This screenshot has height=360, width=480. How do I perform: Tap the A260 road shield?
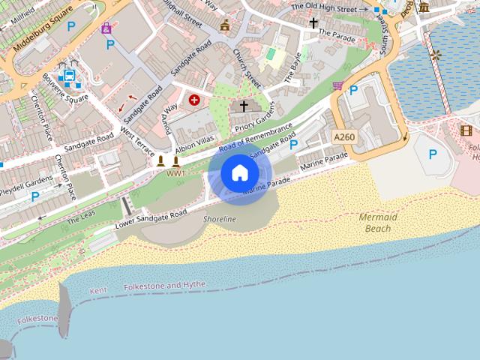(344, 136)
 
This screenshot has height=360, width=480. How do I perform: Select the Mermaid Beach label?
(377, 222)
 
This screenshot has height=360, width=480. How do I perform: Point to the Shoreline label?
(220, 219)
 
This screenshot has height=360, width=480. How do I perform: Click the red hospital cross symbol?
(195, 100)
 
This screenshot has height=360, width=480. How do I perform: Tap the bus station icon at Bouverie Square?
(68, 76)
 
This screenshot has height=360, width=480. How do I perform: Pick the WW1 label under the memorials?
(175, 173)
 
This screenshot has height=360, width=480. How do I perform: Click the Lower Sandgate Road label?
(151, 220)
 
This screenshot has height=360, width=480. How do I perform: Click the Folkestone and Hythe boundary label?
(164, 286)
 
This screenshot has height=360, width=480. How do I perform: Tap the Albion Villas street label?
(195, 141)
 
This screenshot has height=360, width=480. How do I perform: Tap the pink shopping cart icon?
(338, 85)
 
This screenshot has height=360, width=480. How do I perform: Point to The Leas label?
(82, 219)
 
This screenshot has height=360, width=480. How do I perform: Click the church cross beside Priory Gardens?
(243, 106)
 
